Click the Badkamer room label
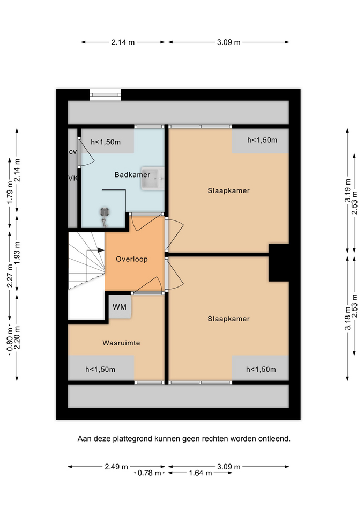(x=132, y=175)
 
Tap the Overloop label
(x=132, y=259)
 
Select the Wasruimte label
(x=121, y=343)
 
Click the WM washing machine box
(x=120, y=307)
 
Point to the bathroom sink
(x=153, y=178)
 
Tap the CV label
(x=72, y=152)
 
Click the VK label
(x=73, y=178)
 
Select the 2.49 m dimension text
(x=116, y=466)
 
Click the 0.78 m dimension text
(x=150, y=473)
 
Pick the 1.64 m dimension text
(x=200, y=473)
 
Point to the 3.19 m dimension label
(x=347, y=190)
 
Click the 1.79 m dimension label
(x=10, y=193)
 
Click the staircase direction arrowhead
(x=101, y=251)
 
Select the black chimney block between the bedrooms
(x=279, y=262)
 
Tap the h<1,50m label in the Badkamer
(x=106, y=142)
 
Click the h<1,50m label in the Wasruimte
(x=100, y=370)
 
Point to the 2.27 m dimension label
(x=10, y=276)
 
